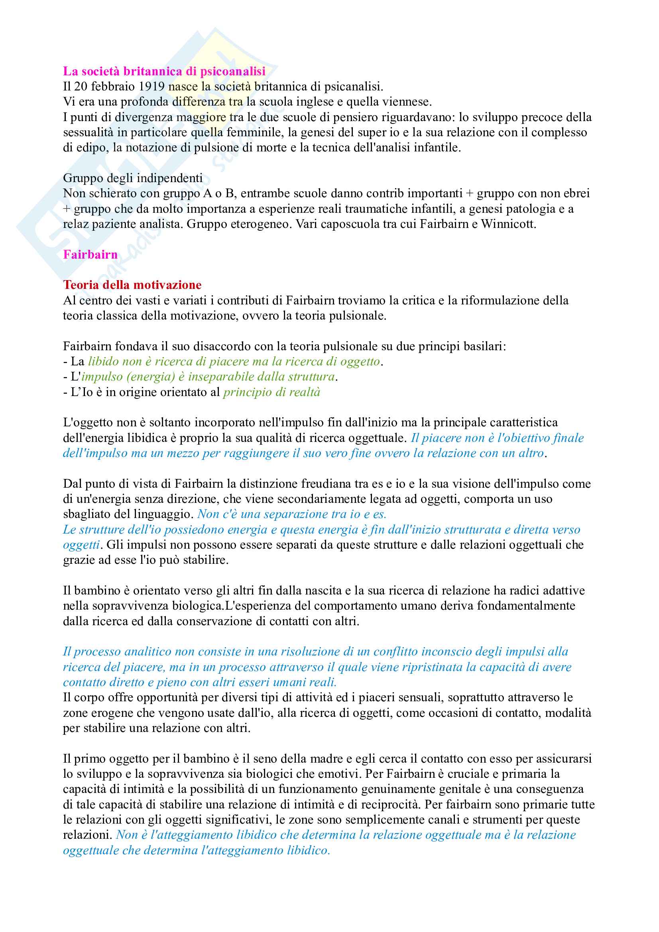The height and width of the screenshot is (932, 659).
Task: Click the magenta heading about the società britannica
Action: coord(164,71)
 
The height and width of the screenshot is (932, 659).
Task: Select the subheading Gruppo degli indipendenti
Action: coord(133,178)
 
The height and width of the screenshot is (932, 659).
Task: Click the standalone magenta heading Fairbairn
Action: coord(90,255)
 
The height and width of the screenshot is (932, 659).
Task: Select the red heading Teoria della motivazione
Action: coord(132,285)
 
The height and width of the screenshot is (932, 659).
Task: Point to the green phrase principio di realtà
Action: coord(271,392)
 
